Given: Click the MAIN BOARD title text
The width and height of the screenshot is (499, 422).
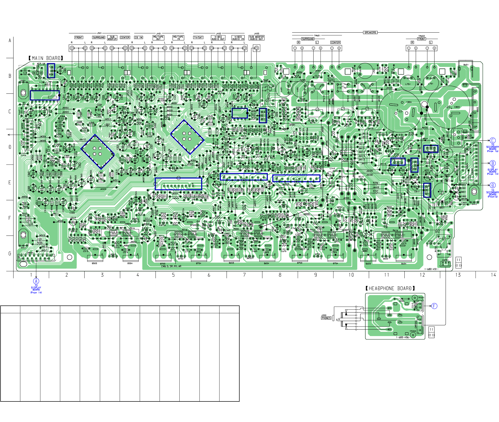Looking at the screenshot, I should (x=46, y=58).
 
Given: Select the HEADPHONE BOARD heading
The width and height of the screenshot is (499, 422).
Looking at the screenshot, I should (x=390, y=288).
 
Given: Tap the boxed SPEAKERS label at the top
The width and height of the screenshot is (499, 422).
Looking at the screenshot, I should (x=370, y=33).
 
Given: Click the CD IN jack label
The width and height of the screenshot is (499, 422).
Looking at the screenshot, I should (x=138, y=38).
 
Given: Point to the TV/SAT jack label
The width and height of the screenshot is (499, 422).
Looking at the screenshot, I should (x=198, y=38).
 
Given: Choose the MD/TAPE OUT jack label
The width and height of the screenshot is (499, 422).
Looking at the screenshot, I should (x=158, y=38).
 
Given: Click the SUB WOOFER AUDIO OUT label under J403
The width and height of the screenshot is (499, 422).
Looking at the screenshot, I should (x=256, y=38).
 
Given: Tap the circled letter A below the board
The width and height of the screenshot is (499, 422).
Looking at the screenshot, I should (x=36, y=281).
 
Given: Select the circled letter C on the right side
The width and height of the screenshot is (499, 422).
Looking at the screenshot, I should (x=492, y=141).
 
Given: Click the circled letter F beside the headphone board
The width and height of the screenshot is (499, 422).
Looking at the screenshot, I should (x=434, y=306).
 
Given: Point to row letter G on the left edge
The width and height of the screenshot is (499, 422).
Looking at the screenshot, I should (x=10, y=253).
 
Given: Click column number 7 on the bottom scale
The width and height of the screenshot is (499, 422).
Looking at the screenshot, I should (x=244, y=275).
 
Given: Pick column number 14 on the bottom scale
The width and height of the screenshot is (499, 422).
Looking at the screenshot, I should (x=493, y=275).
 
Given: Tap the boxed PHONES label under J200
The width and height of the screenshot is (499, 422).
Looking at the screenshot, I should (x=326, y=318).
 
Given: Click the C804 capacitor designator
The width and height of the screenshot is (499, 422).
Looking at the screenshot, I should (x=409, y=102).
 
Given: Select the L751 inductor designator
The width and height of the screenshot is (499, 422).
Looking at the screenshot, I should (x=408, y=84).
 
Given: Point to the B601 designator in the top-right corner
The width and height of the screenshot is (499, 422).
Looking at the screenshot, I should (x=466, y=65).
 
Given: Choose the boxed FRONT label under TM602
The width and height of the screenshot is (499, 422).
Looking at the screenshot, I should (x=421, y=39).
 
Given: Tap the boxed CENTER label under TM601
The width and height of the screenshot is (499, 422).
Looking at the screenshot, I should (x=335, y=43).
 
